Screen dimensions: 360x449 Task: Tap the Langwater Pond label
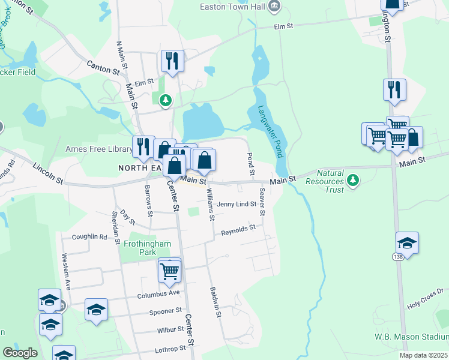point(271,132)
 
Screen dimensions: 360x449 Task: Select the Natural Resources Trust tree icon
point(354,179)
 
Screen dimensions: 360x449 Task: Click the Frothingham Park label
point(147,248)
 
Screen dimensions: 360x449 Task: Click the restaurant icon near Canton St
point(172,60)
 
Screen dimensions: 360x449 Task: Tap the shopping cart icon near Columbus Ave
point(170,270)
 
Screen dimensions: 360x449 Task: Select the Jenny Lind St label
point(237,204)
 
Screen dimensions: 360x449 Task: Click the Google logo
point(20,353)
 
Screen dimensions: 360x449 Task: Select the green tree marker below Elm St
point(165,100)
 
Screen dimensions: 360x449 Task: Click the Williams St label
point(209,204)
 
